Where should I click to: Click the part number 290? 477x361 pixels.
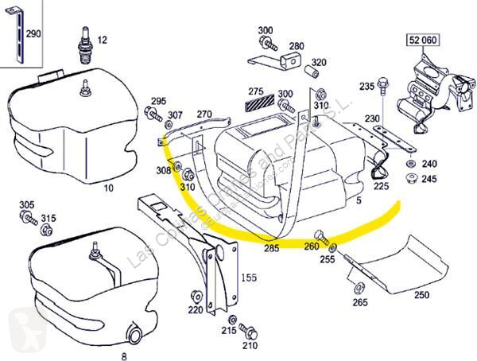click(33, 35)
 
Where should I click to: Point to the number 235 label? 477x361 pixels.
click(366, 86)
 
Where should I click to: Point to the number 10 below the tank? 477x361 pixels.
click(110, 188)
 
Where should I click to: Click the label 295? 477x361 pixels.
click(159, 101)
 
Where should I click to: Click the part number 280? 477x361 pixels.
click(296, 46)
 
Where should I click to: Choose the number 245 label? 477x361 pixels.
click(429, 178)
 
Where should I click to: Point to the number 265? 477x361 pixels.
click(361, 302)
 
